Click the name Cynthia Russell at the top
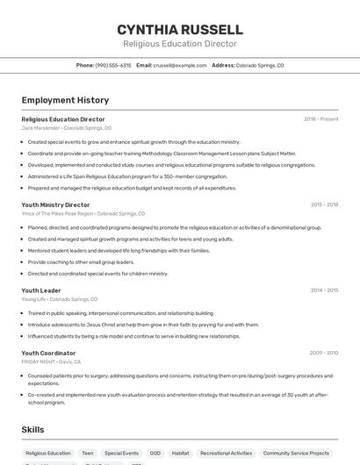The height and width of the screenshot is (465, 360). (180, 29)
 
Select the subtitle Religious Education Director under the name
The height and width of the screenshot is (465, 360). (180, 43)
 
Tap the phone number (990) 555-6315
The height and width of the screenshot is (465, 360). (113, 65)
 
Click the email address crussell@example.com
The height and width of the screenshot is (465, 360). (174, 65)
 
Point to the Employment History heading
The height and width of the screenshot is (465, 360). (65, 100)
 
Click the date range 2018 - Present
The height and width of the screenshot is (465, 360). (321, 119)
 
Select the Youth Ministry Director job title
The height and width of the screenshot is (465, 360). (55, 204)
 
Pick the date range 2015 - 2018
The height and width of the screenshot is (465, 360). (324, 204)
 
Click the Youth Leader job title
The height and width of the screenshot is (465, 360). (41, 290)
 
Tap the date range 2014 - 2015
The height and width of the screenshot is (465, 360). (324, 290)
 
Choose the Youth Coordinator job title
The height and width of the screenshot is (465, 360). (48, 353)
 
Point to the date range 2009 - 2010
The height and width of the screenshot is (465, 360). (324, 353)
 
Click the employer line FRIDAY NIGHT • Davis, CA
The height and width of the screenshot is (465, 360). (51, 361)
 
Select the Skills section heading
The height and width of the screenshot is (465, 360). (33, 430)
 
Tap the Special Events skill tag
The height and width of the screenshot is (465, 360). (121, 454)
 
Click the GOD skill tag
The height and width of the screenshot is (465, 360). (155, 454)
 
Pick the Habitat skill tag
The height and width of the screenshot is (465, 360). (180, 454)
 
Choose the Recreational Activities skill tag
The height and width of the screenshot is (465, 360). (227, 454)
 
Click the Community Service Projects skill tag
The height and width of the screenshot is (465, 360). (298, 454)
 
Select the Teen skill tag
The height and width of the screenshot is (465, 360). (88, 454)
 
